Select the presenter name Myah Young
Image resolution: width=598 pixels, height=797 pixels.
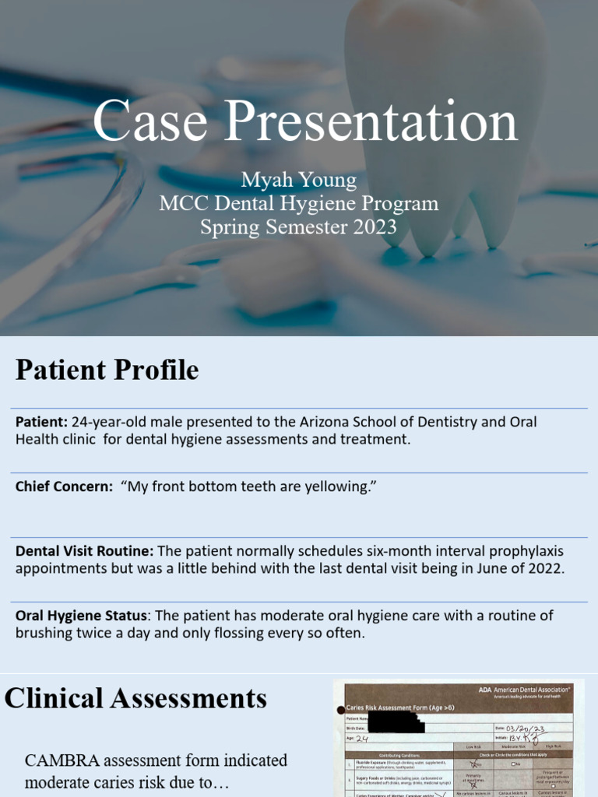299,181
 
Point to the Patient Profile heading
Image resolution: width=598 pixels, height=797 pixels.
107,370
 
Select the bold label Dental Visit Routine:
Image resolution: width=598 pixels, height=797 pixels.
84,550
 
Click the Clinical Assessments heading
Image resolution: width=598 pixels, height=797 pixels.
135,698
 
